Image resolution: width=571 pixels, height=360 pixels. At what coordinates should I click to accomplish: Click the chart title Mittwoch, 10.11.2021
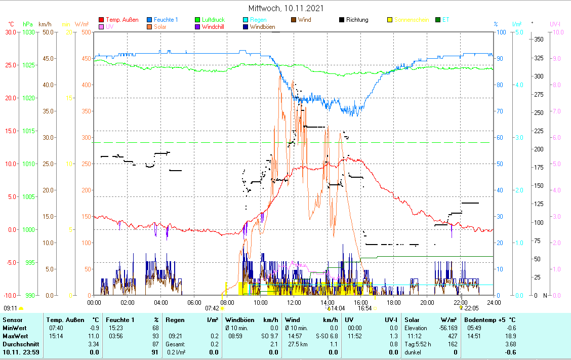[x=286, y=8]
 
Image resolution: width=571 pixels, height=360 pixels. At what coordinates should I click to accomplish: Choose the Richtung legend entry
[x=357, y=20]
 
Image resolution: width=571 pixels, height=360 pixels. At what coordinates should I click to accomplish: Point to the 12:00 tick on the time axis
[x=294, y=302]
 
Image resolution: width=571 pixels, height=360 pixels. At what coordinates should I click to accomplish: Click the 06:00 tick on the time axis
[x=194, y=302]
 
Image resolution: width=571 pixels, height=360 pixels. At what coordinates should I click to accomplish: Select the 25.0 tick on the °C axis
[x=10, y=65]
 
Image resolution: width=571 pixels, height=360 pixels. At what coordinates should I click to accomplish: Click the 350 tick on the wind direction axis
[x=539, y=39]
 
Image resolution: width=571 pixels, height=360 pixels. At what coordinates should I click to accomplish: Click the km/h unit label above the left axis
[x=45, y=24]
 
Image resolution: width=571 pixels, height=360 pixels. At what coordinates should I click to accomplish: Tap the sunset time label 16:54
[x=364, y=308]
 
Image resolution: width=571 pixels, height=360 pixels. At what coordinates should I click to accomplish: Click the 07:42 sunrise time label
[x=212, y=308]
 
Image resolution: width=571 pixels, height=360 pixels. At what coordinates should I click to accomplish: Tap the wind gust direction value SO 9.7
[x=269, y=336]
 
